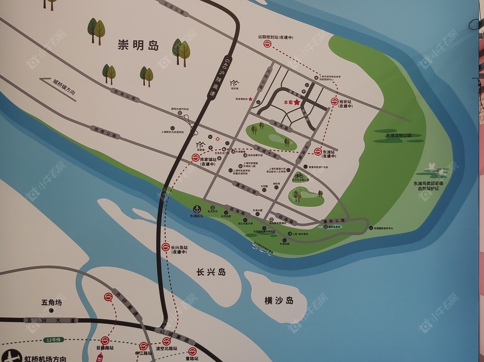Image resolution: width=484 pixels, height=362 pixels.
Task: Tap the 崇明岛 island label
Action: (138, 46)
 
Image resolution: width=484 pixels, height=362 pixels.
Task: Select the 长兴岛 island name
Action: (211, 272)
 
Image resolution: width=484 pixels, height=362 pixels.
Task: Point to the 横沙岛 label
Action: (279, 301)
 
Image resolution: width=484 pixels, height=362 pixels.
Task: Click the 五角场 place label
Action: (52, 303)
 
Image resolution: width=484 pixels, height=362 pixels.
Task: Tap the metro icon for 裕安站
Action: (334, 102)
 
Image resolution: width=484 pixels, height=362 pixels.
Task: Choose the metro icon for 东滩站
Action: (318, 151)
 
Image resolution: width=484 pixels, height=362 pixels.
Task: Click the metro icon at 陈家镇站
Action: (195, 158)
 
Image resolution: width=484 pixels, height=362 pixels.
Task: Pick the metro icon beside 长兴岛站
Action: (166, 247)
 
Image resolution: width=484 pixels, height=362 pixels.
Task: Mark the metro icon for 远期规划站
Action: (267, 44)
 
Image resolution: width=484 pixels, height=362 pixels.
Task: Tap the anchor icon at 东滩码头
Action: (197, 209)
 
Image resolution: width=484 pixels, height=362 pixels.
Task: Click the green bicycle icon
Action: (299, 175)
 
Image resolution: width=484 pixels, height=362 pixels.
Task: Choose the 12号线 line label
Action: (54, 340)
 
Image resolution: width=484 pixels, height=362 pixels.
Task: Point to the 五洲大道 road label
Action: (51, 320)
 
